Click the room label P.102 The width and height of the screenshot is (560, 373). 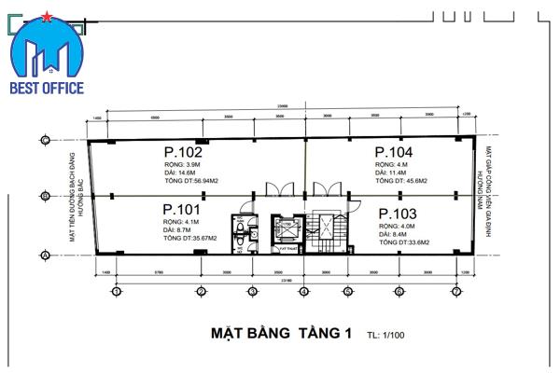183,152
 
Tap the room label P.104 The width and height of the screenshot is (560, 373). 394,152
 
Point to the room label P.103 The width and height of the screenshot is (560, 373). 398,214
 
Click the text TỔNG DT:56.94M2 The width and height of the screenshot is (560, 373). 190,180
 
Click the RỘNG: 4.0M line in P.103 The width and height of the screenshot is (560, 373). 397,226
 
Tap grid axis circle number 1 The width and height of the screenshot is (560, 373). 116,292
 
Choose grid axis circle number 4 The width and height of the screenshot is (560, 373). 303,292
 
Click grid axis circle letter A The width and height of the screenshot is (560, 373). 44,255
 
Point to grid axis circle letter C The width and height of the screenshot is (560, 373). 44,140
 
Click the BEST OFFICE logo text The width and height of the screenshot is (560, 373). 47,88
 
